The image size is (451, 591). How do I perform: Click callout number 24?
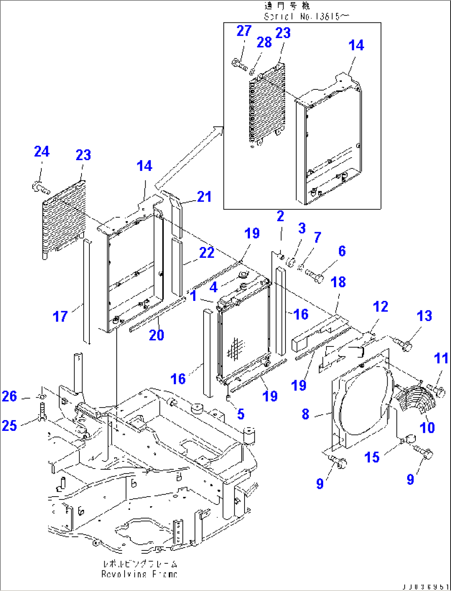point(41,152)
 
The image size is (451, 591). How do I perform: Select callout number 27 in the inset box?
point(244,31)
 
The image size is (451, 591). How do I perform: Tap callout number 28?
point(264,42)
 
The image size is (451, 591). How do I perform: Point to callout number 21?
point(204,197)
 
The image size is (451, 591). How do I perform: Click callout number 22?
point(206,252)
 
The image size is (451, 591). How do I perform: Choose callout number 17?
point(60,317)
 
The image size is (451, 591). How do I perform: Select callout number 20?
point(156,335)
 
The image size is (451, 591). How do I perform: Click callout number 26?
point(10,396)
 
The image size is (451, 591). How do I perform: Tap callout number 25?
point(10,425)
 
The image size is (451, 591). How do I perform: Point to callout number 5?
point(240,413)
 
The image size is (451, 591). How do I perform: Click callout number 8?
point(305,414)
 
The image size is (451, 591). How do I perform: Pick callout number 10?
point(427,427)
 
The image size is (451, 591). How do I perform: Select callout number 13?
point(424,316)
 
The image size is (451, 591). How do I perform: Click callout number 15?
point(372,457)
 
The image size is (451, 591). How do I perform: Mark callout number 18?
point(338,282)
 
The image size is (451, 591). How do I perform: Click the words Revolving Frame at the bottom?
point(139,574)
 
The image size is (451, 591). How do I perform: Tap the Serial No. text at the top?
point(306,17)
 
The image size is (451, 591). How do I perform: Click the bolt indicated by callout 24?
point(40,188)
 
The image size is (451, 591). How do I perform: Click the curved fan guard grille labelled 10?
point(415,399)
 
